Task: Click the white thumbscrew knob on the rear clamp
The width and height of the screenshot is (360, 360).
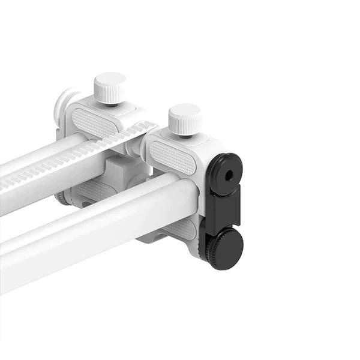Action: (109, 85)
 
